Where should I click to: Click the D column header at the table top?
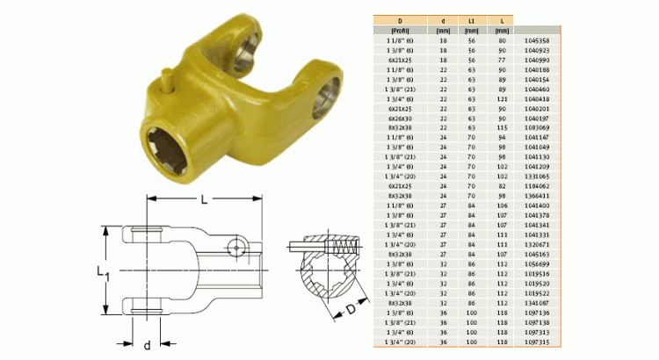402,19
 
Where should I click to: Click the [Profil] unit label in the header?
402,31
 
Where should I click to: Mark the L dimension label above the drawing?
204,199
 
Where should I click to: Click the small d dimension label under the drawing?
147,344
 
